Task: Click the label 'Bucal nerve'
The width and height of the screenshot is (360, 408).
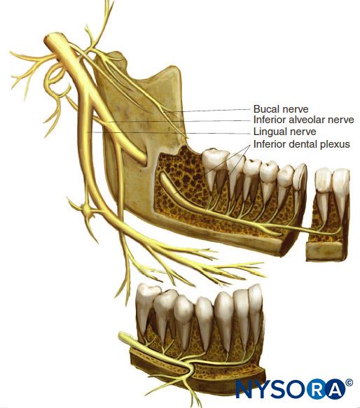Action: coord(281,108)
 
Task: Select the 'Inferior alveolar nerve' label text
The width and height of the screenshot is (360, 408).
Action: coord(304,120)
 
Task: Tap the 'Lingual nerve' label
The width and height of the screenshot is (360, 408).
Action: coord(285,132)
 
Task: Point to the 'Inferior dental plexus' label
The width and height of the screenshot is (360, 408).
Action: coord(302,144)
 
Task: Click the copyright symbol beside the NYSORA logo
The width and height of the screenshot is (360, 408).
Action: coord(349,383)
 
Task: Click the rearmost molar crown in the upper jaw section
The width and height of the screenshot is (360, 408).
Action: coord(214,160)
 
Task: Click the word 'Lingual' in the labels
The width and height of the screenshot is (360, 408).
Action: coord(270,132)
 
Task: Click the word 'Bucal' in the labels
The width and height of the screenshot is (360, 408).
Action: coord(264,108)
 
